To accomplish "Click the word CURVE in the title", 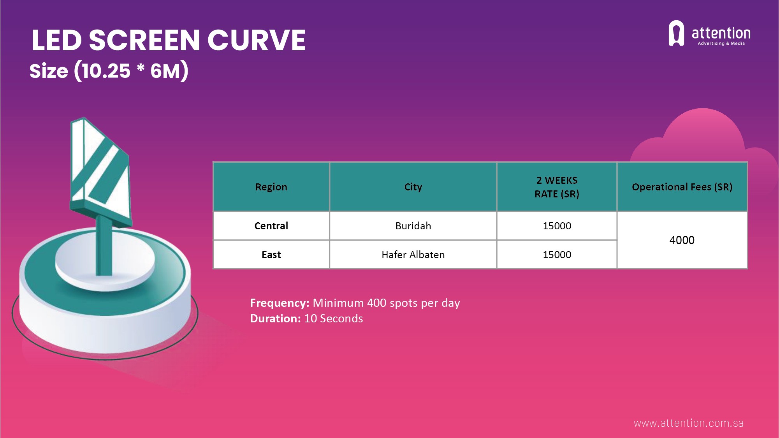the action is pyautogui.click(x=256, y=40).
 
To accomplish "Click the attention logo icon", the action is pyautogui.click(x=676, y=33).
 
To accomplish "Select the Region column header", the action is pyautogui.click(x=271, y=187).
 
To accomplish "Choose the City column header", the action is pyautogui.click(x=413, y=187).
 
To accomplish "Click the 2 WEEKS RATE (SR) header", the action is pyautogui.click(x=557, y=187).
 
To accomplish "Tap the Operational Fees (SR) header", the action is pyautogui.click(x=682, y=187).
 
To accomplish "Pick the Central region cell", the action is pyautogui.click(x=271, y=226).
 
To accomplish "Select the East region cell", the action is pyautogui.click(x=271, y=255).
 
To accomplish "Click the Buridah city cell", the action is pyautogui.click(x=413, y=226).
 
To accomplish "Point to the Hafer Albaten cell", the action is pyautogui.click(x=413, y=255).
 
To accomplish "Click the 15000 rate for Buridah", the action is pyautogui.click(x=557, y=226).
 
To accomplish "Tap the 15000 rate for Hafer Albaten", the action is pyautogui.click(x=557, y=255).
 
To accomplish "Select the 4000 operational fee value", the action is pyautogui.click(x=682, y=240).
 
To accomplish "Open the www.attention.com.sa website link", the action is pyautogui.click(x=689, y=423).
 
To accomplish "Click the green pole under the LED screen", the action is pyautogui.click(x=104, y=245).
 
